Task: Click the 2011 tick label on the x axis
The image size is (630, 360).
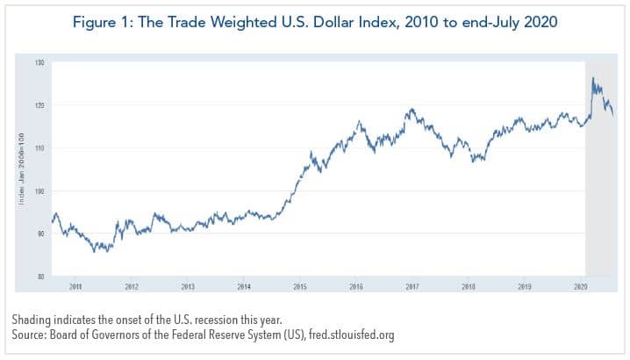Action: [75, 286]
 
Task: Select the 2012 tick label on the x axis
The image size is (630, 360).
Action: [132, 286]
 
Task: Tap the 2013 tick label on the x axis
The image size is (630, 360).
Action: [188, 286]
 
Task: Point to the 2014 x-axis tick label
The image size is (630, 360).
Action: [244, 286]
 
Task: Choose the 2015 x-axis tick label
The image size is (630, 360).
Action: [300, 286]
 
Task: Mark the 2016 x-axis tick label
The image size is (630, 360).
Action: [356, 286]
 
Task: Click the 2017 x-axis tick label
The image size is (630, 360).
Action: [412, 286]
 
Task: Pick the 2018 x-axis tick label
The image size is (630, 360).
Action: [469, 286]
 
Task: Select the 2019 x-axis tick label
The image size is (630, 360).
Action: [525, 286]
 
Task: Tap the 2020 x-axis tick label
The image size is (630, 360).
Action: [580, 286]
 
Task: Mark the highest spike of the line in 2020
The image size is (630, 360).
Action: [593, 79]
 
